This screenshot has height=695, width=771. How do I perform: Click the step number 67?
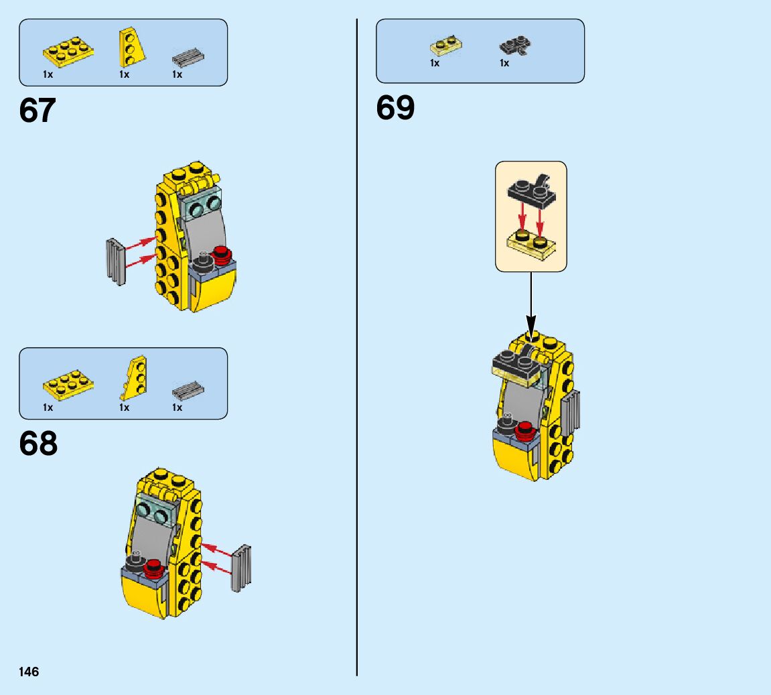click(38, 111)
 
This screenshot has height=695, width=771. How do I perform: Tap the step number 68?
click(38, 444)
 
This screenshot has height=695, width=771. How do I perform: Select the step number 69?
click(395, 107)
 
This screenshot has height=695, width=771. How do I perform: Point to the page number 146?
click(29, 672)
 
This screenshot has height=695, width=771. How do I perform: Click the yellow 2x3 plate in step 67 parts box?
click(68, 51)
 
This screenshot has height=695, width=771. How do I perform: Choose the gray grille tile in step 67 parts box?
click(188, 57)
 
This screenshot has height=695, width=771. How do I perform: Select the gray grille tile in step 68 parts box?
click(188, 389)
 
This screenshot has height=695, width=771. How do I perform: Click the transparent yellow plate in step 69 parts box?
click(446, 46)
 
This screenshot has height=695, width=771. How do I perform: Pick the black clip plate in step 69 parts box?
click(514, 46)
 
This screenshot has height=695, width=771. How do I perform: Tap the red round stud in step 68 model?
click(154, 566)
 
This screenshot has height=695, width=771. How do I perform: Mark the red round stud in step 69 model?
click(524, 430)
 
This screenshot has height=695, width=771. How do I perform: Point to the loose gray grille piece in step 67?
click(116, 261)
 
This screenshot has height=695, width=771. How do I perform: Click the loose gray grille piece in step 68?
click(241, 568)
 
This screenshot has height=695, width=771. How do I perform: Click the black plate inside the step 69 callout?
click(530, 190)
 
